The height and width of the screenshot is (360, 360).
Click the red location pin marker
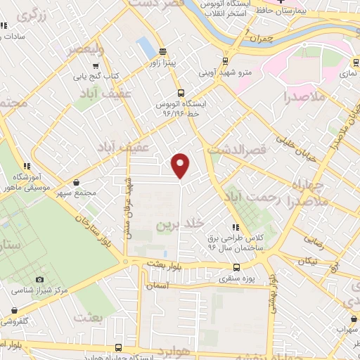(181, 165)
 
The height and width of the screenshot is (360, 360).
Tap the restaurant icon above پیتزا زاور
(163, 51)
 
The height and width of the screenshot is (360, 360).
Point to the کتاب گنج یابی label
(95, 75)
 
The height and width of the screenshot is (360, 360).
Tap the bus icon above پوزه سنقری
(236, 268)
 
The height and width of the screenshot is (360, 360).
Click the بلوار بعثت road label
(165, 264)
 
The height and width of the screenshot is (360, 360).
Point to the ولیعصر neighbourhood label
(84, 49)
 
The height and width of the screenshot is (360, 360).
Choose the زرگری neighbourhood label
(35, 15)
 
